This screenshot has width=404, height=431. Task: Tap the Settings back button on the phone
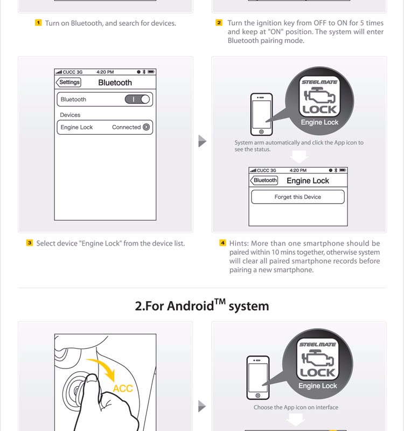(x=68, y=82)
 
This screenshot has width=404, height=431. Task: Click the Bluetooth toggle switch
(x=138, y=99)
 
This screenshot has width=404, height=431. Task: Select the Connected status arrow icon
(x=146, y=127)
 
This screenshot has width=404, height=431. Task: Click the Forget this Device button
(x=297, y=197)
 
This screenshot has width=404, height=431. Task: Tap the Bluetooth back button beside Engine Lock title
(x=265, y=180)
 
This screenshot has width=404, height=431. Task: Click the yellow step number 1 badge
(x=38, y=23)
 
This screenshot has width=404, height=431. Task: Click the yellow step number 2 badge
(x=219, y=23)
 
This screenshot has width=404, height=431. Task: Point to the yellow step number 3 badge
(x=30, y=243)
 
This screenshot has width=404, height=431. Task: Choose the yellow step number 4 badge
(x=222, y=243)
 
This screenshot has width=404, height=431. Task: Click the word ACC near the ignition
(x=123, y=388)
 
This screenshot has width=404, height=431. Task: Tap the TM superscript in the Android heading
(x=219, y=301)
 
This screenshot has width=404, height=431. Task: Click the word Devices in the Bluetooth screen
(x=70, y=115)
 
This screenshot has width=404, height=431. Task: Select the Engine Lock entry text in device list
(x=76, y=127)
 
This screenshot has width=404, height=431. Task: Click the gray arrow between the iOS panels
(x=202, y=141)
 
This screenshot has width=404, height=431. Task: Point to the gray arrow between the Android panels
(x=202, y=405)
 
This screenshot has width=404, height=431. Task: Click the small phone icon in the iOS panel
(x=261, y=114)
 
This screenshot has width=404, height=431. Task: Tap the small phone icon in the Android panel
(x=257, y=377)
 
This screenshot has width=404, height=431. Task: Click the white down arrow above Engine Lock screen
(x=299, y=156)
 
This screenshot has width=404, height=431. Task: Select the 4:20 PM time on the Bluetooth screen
(x=105, y=72)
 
